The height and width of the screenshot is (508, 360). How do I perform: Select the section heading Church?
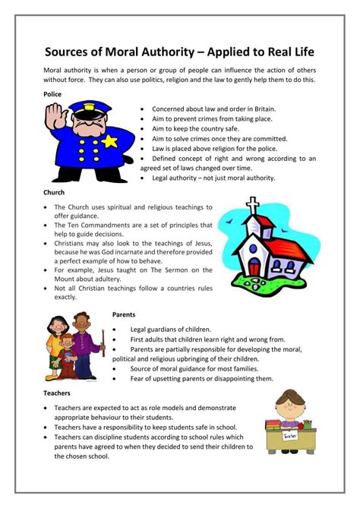[x=54, y=193]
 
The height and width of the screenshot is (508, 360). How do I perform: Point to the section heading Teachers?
[x=57, y=393]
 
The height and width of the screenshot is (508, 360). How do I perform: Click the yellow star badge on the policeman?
[x=111, y=141]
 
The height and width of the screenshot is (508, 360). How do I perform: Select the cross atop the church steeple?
[x=253, y=205]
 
